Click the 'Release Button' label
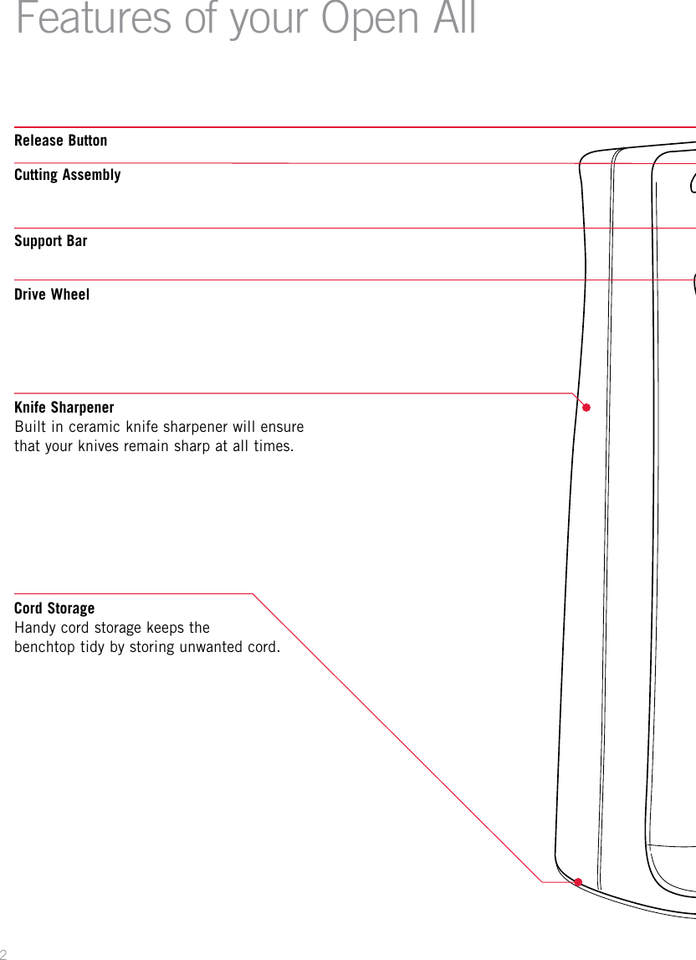61,141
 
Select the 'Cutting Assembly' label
68,175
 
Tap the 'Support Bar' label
51,241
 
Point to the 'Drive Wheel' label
52,295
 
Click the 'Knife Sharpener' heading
64,408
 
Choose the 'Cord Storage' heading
54,608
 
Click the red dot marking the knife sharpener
587,408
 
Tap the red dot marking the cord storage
578,881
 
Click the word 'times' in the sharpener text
273,445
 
